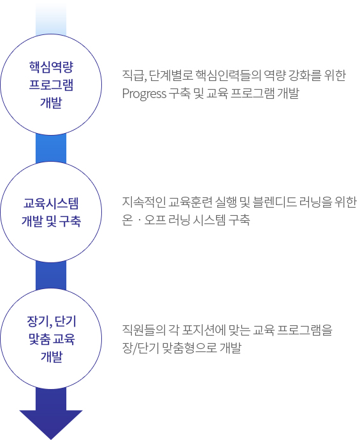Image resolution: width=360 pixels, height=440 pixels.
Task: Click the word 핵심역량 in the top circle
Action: [x=51, y=67]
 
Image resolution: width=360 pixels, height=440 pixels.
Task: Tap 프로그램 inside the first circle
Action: [x=51, y=85]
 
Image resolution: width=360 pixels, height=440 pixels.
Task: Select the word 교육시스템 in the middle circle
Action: [x=51, y=203]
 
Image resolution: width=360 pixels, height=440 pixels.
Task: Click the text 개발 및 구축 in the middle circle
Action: [x=51, y=221]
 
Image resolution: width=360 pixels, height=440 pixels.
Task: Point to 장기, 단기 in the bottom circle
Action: [x=52, y=322]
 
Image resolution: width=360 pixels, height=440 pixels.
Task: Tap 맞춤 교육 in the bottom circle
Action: [x=52, y=339]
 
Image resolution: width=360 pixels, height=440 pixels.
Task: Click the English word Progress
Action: [x=145, y=94]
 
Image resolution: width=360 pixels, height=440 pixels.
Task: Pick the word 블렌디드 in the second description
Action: [x=275, y=202]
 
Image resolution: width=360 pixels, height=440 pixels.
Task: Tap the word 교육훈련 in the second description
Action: [x=191, y=202]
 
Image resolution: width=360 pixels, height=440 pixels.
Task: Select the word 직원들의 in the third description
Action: [x=144, y=330]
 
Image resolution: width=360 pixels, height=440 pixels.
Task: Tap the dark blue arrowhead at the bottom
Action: [x=51, y=424]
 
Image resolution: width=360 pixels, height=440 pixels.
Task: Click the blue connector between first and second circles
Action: [x=51, y=148]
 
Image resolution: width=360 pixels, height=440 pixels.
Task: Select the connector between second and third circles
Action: [x=51, y=275]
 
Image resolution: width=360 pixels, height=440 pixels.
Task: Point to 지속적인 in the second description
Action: [x=144, y=202]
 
